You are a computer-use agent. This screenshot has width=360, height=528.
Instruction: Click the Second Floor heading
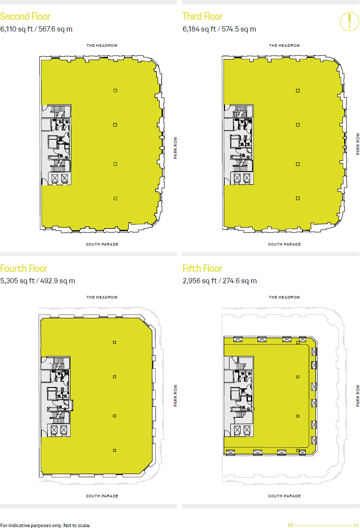pos(25,17)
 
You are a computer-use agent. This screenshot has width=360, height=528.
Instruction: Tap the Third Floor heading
pos(203,17)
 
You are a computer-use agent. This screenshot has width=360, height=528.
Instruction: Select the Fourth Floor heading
pos(24,268)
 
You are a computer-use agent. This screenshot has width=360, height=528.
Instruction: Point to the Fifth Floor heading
pos(202,268)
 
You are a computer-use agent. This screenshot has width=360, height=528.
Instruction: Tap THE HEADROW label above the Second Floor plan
pos(102,46)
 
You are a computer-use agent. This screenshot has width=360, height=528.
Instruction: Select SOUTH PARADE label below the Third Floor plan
pos(285,244)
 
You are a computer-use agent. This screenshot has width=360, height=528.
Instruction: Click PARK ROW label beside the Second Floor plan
pos(176,149)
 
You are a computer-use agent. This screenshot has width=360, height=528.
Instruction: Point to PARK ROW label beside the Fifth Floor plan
pos(358,396)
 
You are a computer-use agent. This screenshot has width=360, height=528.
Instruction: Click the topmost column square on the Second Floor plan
pos(115,91)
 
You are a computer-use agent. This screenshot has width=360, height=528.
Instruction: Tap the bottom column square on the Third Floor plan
pos(298,198)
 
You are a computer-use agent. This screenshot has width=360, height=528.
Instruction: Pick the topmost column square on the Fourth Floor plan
pos(115,342)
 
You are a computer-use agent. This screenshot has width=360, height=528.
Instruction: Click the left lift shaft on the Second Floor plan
pos(55,178)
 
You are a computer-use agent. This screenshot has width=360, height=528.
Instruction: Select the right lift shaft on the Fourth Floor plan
pos(64,430)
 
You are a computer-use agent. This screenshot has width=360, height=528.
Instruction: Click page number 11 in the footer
pos(356,525)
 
